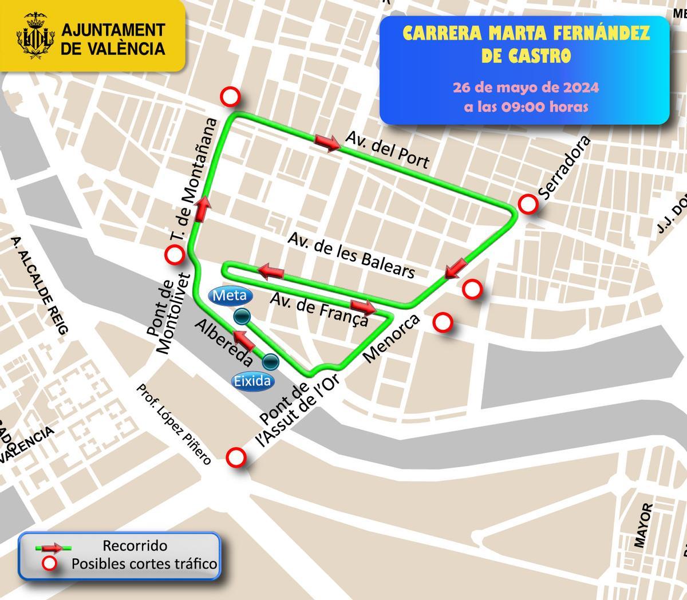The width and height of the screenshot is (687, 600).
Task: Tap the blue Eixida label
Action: (x=252, y=381)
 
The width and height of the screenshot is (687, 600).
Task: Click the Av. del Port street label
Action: (x=387, y=149)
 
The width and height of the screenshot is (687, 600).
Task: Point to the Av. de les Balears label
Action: (x=352, y=255)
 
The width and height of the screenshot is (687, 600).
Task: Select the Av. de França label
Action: (x=318, y=309)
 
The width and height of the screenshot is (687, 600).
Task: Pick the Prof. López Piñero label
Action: (x=173, y=424)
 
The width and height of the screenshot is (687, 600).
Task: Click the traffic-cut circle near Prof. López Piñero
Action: (x=236, y=457)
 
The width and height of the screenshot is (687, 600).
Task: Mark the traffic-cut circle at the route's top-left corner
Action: (x=231, y=97)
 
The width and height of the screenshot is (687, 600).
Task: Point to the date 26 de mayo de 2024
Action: (x=526, y=88)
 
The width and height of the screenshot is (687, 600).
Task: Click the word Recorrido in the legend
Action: (x=135, y=546)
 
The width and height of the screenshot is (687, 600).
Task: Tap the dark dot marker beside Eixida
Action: (x=270, y=361)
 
